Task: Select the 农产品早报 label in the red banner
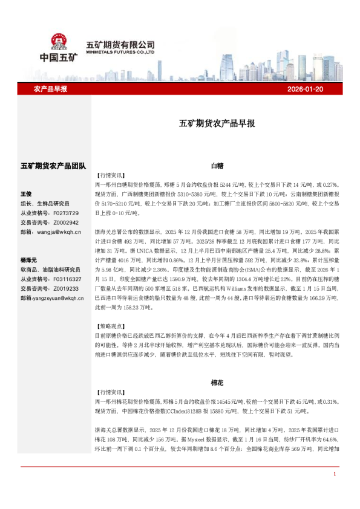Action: click(50, 89)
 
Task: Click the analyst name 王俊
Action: click(26, 194)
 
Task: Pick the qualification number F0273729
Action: click(66, 213)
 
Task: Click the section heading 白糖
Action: click(217, 164)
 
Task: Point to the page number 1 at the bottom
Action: click(334, 490)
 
